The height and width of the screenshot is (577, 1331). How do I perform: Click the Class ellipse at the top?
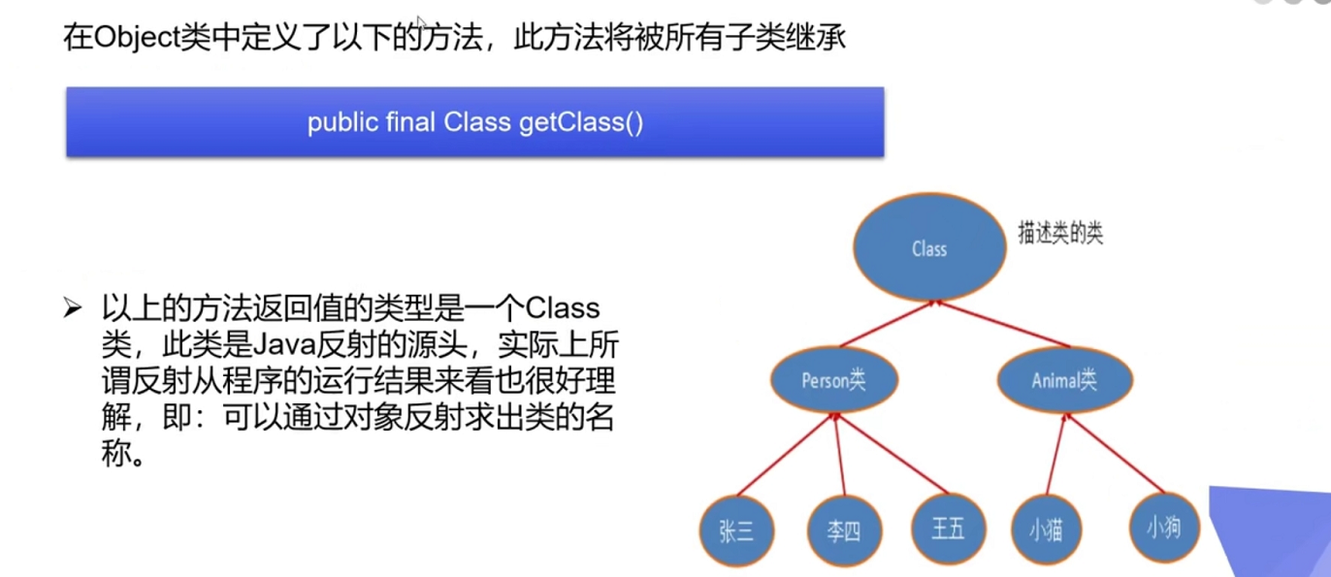pyautogui.click(x=928, y=248)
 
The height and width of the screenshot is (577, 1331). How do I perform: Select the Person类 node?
pyautogui.click(x=834, y=379)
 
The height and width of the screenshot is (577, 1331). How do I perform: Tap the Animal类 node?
pyautogui.click(x=1064, y=379)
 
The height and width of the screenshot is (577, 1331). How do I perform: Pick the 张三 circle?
pyautogui.click(x=736, y=531)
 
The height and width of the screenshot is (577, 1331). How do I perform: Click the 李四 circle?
pyautogui.click(x=842, y=531)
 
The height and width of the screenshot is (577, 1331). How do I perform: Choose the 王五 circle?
pyautogui.click(x=948, y=529)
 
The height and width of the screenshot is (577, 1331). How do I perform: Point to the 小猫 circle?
pyautogui.click(x=1047, y=530)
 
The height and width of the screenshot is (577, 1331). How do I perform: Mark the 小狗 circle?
pyautogui.click(x=1164, y=529)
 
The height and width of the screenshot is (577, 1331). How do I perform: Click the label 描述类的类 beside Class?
pyautogui.click(x=1059, y=235)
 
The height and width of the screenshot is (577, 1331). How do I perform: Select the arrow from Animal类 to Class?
pyautogui.click(x=1003, y=324)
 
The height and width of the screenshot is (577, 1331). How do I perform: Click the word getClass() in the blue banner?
pyautogui.click(x=580, y=123)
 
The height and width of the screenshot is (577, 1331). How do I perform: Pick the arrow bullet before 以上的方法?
pyautogui.click(x=73, y=309)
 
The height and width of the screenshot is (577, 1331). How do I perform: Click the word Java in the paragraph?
pyautogui.click(x=279, y=343)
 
